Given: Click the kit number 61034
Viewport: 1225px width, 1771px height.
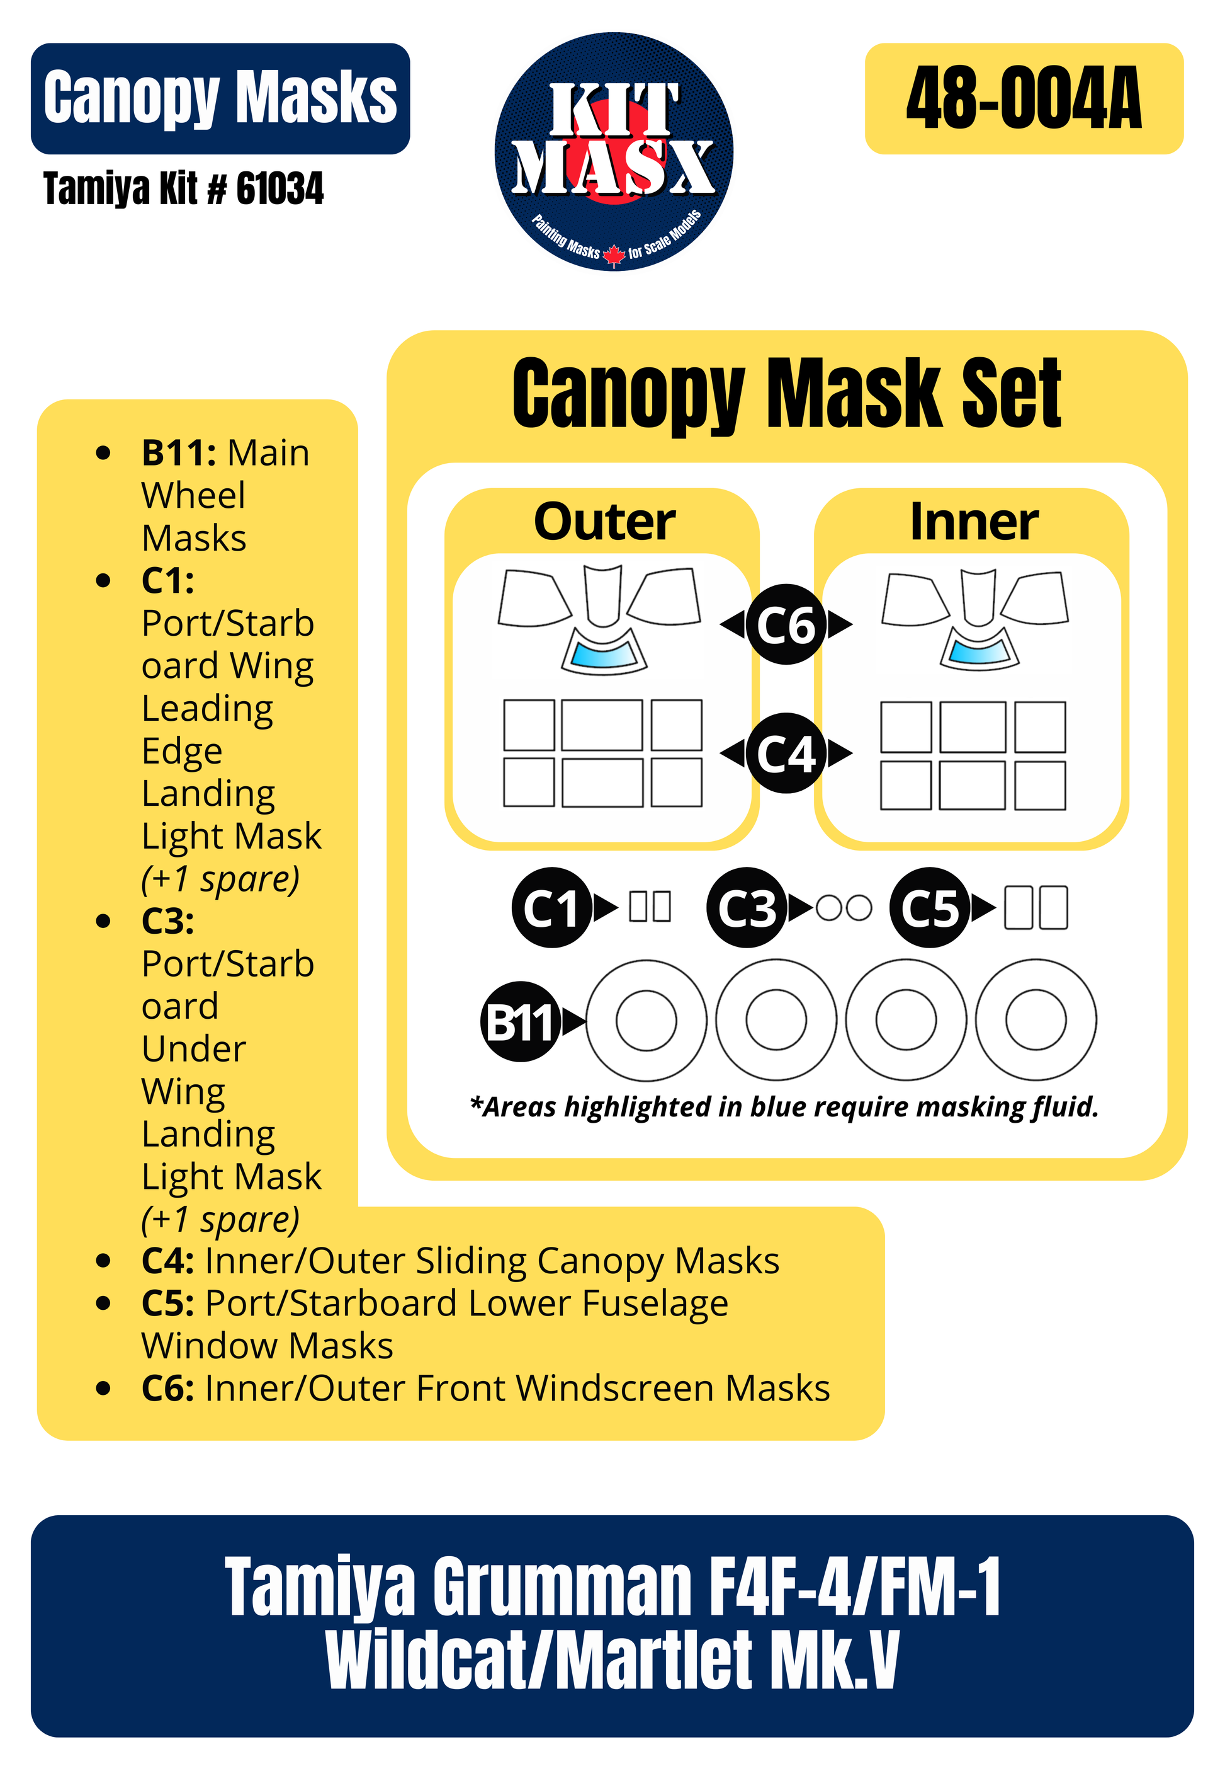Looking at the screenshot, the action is [x=279, y=189].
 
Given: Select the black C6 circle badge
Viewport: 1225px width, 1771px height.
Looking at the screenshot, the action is [x=786, y=624].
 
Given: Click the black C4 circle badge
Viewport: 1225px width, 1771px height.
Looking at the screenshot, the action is [x=786, y=753].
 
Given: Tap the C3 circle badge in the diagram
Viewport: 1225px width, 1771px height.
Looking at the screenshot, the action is [x=747, y=908].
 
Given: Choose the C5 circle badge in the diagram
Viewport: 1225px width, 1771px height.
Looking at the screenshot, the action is [x=930, y=908].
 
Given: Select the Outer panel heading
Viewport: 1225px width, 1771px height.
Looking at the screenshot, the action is [x=605, y=522].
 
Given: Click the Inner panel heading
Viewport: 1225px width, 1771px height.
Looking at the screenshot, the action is [x=974, y=522].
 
